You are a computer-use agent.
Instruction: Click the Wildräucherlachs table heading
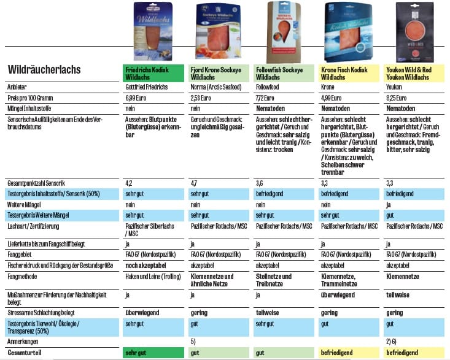click(x=44, y=70)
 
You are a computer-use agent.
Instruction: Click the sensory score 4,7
click(x=194, y=183)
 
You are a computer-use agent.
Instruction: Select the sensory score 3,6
click(x=259, y=183)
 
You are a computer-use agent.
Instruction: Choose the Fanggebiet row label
click(x=23, y=254)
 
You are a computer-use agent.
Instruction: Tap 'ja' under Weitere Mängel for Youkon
click(x=389, y=204)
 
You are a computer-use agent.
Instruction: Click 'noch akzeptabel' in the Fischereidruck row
click(x=145, y=266)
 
